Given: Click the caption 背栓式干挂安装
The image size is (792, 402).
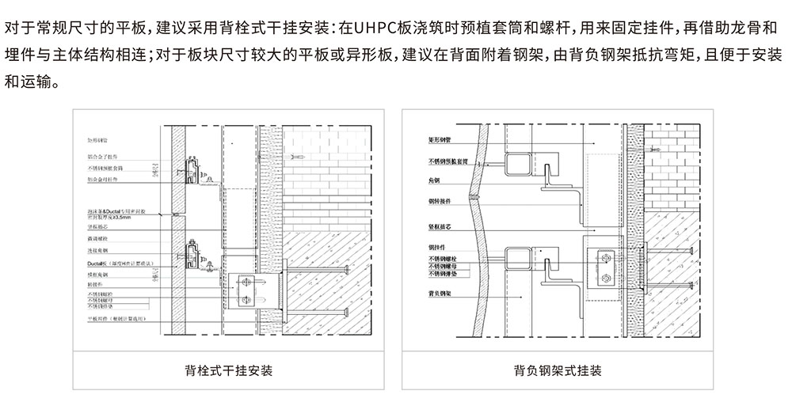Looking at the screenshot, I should [x=228, y=370].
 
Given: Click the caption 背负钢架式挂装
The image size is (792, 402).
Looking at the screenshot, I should [x=558, y=370].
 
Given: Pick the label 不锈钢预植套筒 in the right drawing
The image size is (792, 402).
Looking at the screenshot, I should [x=452, y=161].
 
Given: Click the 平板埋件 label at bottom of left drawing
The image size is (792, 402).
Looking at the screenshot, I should [x=117, y=319].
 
